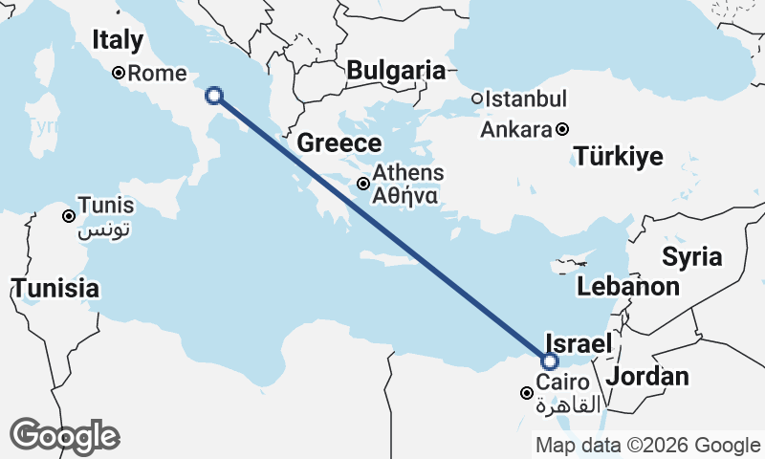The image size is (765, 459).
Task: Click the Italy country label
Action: coord(118,40)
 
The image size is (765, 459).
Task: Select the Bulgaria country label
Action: coord(396,70)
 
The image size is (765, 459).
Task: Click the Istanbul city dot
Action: coord(477,98)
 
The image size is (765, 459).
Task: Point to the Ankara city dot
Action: coord(562,129)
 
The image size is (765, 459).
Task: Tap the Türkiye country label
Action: coord(618,157)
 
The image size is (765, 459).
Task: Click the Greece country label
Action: coord(339,143)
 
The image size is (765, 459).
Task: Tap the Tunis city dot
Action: coord(69,216)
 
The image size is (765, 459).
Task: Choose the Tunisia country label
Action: coord(55,287)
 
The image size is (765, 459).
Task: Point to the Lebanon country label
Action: coord(627,286)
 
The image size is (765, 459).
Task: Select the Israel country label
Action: coord(578,343)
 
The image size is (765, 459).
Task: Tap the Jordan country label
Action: coord(647,376)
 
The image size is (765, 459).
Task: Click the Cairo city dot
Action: coord(526,393)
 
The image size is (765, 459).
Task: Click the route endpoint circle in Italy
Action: coord(214,95)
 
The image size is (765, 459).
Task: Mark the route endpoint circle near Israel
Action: coord(549,361)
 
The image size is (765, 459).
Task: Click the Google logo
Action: coord(64,436)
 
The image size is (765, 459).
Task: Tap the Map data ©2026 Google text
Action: coord(647,445)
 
